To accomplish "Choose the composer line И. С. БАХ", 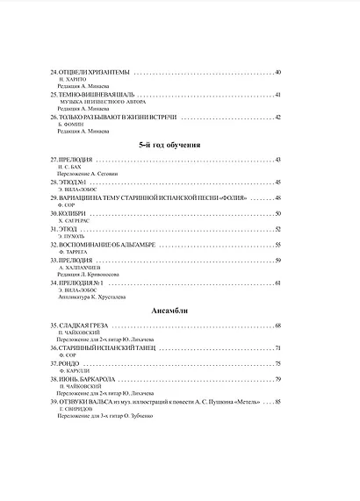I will pyautogui.click(x=68, y=167).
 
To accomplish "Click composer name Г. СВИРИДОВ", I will pyautogui.click(x=73, y=410).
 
